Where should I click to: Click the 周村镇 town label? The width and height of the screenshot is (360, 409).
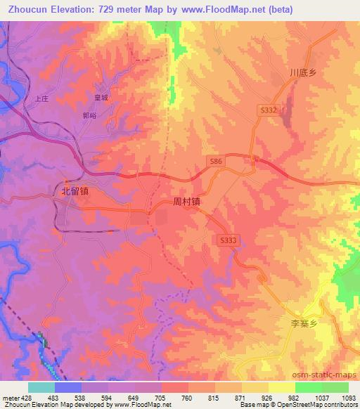pyautogui.click(x=187, y=201)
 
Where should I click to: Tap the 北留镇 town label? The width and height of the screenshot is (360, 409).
pyautogui.click(x=75, y=190)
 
